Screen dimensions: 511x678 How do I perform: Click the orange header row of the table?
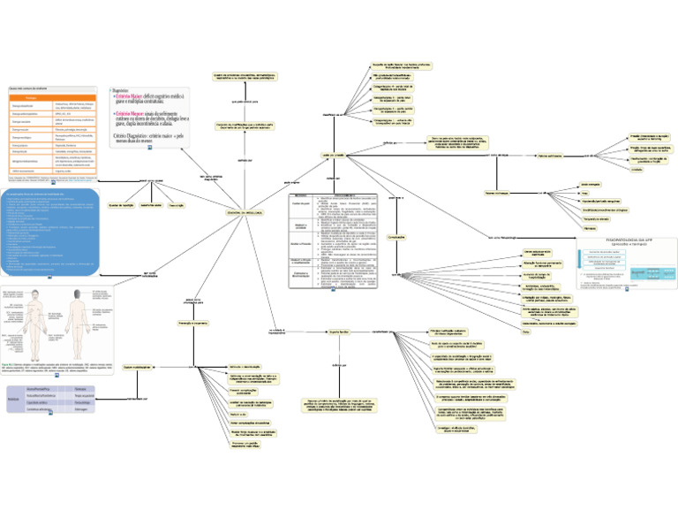click(52, 97)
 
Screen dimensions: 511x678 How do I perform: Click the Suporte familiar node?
click(341, 332)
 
